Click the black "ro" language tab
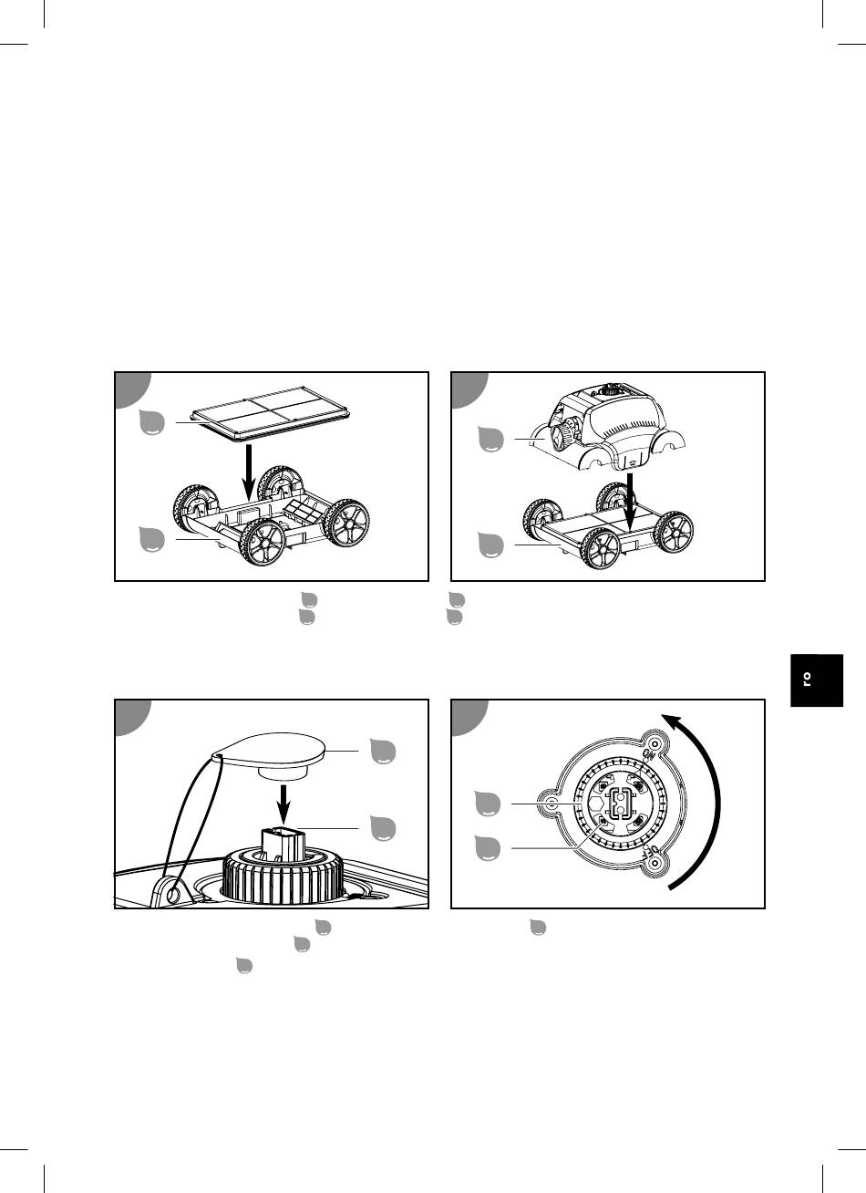(x=817, y=680)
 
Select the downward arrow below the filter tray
(x=249, y=472)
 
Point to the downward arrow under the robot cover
(x=630, y=501)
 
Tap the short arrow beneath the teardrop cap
(x=284, y=803)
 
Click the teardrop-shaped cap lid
(x=269, y=751)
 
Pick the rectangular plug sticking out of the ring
(x=284, y=844)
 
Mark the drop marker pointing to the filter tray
(x=151, y=422)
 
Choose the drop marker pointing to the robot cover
(x=490, y=439)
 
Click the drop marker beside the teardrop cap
(x=383, y=751)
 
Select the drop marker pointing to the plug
(x=383, y=828)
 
